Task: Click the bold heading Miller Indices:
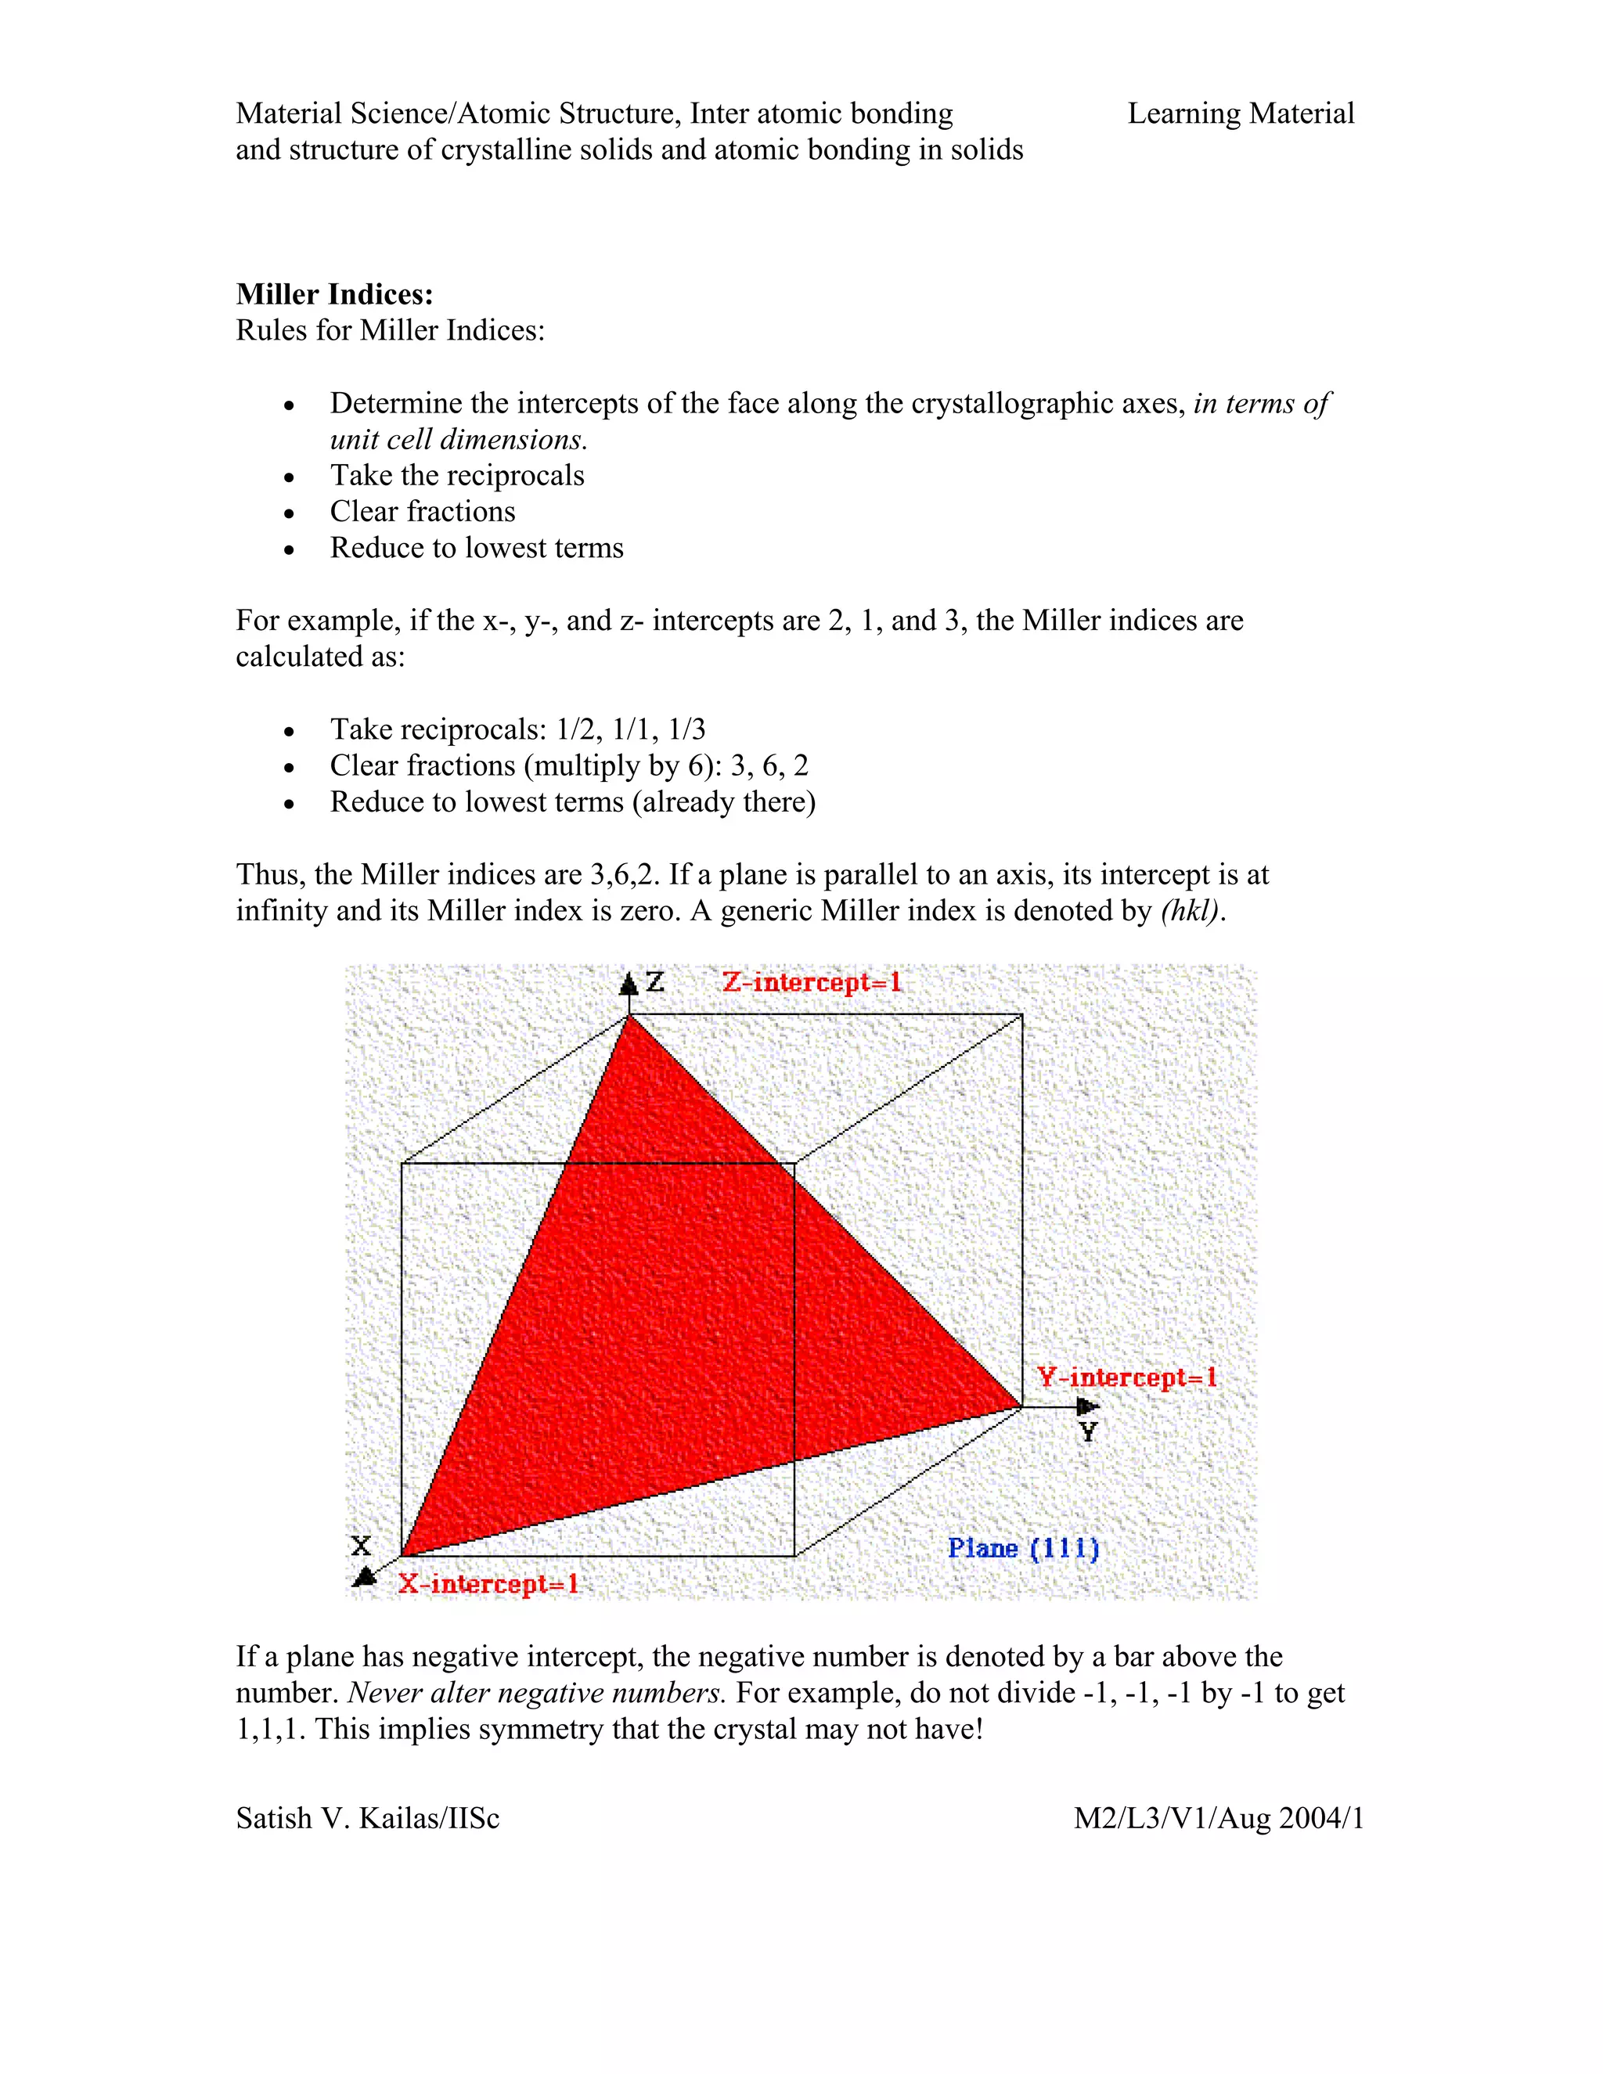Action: pyautogui.click(x=334, y=294)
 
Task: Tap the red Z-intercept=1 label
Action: pyautogui.click(x=811, y=982)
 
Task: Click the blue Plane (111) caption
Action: pyautogui.click(x=1023, y=1548)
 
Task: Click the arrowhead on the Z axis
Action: pyautogui.click(x=628, y=984)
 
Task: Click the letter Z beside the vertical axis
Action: pyautogui.click(x=655, y=982)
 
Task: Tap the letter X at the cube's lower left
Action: pyautogui.click(x=361, y=1545)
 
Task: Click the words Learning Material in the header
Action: pyautogui.click(x=1241, y=114)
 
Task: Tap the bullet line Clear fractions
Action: pyautogui.click(x=423, y=512)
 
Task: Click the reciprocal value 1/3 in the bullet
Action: pyautogui.click(x=686, y=729)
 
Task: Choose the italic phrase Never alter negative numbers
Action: pyautogui.click(x=536, y=1693)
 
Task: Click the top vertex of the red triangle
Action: pyautogui.click(x=629, y=1017)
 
